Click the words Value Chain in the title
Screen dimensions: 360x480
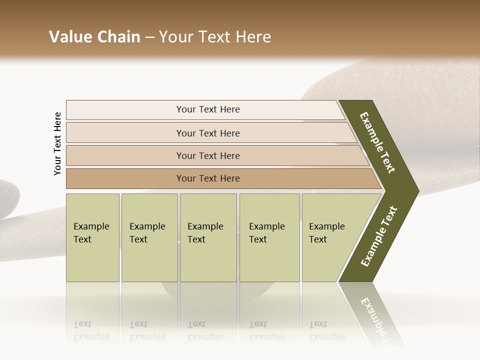click(94, 37)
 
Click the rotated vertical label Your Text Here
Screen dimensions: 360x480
click(57, 143)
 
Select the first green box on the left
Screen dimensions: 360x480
click(92, 237)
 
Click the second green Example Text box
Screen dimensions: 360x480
click(149, 237)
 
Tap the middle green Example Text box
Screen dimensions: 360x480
click(208, 237)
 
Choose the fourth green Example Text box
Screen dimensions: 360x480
click(269, 237)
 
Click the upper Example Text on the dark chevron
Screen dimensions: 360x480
click(377, 143)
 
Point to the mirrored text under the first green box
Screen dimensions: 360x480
click(91, 330)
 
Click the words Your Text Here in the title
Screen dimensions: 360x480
click(215, 37)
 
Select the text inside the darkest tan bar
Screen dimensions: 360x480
click(208, 178)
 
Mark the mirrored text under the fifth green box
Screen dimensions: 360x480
click(326, 330)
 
